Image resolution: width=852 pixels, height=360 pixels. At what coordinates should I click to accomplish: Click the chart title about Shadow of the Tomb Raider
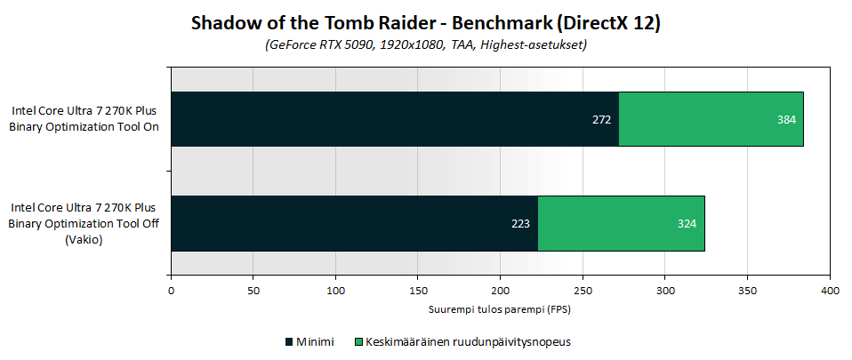pyautogui.click(x=425, y=24)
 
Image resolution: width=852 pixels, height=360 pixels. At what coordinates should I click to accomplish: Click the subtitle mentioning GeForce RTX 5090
pyautogui.click(x=425, y=44)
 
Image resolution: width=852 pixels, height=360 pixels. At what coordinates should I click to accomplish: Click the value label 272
pyautogui.click(x=602, y=119)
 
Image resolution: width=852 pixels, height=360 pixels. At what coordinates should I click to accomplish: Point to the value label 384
pyautogui.click(x=786, y=119)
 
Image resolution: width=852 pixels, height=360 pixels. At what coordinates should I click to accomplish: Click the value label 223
pyautogui.click(x=521, y=223)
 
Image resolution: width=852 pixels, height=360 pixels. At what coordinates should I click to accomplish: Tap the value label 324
pyautogui.click(x=687, y=223)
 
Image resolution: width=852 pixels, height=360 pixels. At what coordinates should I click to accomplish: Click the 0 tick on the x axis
pyautogui.click(x=171, y=290)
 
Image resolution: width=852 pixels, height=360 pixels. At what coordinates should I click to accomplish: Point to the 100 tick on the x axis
pyautogui.click(x=335, y=290)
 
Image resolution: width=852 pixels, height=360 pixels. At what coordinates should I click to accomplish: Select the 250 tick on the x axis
pyautogui.click(x=583, y=290)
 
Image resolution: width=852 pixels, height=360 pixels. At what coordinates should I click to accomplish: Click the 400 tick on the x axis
pyautogui.click(x=830, y=290)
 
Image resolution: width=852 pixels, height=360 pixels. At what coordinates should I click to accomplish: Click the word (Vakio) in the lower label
pyautogui.click(x=84, y=239)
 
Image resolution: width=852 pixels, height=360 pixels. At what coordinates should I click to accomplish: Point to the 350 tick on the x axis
pyautogui.click(x=747, y=290)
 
